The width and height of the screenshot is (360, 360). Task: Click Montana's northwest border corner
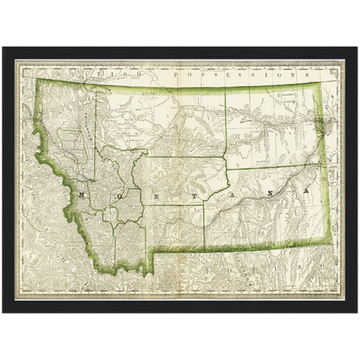pos(35,79)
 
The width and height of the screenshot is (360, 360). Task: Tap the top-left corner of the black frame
pos(2,46)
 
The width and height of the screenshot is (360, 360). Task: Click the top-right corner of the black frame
pos(358,46)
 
